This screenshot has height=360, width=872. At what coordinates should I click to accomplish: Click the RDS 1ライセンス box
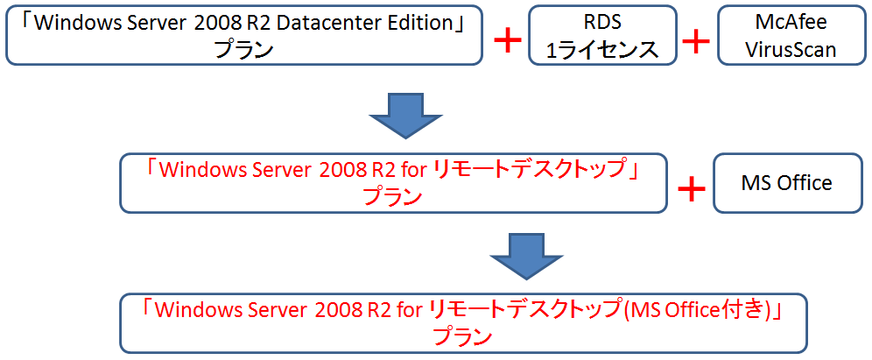(602, 35)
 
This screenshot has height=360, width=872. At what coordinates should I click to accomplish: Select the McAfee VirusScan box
(790, 35)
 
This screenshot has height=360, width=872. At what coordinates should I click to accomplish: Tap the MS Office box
(786, 184)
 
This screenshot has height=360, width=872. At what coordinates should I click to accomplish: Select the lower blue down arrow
(522, 255)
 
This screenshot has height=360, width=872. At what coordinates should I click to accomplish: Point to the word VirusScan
(791, 49)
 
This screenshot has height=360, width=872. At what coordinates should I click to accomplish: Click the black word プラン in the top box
(244, 49)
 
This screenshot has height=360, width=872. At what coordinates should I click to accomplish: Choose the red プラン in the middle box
(392, 196)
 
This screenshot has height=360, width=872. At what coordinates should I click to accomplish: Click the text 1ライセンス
(602, 49)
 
